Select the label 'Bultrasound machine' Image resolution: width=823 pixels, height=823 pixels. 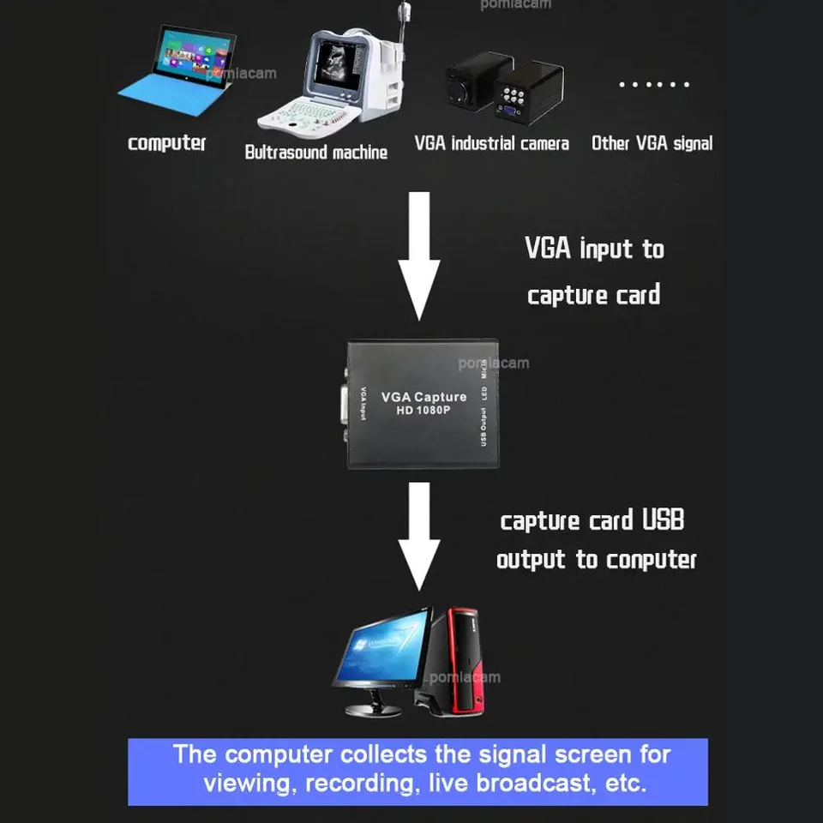point(315,153)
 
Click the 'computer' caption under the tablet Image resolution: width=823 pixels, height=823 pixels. point(167,143)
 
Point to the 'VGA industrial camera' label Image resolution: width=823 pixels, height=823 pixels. point(491,143)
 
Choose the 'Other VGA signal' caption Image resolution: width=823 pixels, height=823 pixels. point(652,143)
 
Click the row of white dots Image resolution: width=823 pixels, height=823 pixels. point(653,85)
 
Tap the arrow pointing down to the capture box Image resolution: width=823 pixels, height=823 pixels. point(420,257)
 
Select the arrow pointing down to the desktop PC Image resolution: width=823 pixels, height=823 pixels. point(419,536)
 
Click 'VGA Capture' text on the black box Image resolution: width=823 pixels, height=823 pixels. point(424,396)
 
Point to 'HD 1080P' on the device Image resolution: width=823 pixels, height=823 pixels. point(424,411)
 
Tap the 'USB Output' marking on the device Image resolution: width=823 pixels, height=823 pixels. point(484,426)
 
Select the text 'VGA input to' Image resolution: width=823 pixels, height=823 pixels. point(594,249)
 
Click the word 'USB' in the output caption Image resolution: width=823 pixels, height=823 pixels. point(662,520)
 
